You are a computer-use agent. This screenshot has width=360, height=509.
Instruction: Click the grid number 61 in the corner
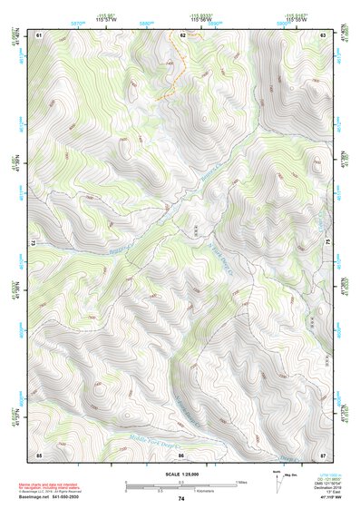(x=39, y=34)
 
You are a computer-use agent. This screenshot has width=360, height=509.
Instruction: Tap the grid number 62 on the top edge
(x=182, y=34)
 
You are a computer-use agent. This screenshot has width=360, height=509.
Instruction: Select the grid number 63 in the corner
(x=324, y=34)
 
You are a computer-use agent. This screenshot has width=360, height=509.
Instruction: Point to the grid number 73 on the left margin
(x=34, y=243)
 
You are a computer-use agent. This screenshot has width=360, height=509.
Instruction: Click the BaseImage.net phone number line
(x=51, y=498)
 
